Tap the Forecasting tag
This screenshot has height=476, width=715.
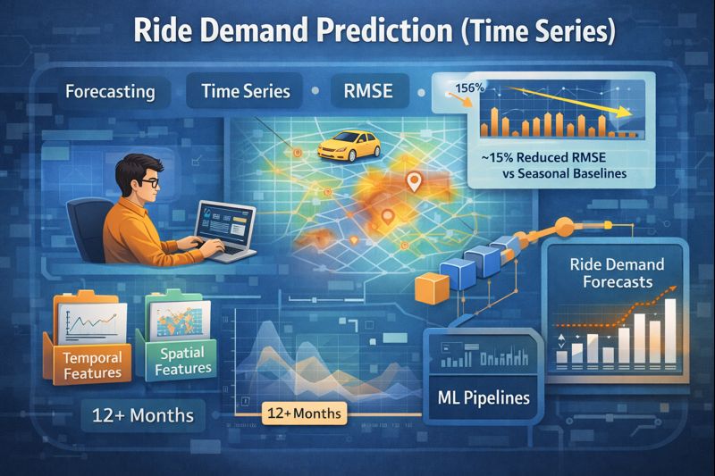[x=109, y=91]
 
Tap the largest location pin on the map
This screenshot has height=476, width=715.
[x=413, y=182]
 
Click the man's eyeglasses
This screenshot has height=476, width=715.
[x=147, y=183]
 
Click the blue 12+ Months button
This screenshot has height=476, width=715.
[x=143, y=415]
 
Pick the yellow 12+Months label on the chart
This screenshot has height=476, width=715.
[x=303, y=413]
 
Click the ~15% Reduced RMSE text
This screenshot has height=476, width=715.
[x=547, y=156]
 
